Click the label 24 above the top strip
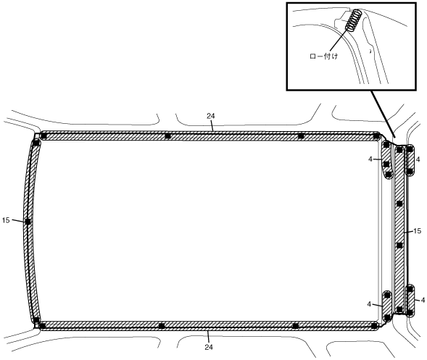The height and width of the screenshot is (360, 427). click(x=210, y=116)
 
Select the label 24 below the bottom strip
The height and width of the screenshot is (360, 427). click(x=209, y=347)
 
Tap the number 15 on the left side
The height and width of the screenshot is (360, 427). click(x=6, y=220)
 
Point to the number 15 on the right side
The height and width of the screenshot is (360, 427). click(x=417, y=231)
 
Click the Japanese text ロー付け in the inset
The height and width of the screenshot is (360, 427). click(x=324, y=56)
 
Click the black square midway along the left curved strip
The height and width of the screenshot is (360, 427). click(x=28, y=222)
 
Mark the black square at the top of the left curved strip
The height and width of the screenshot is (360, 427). click(x=36, y=143)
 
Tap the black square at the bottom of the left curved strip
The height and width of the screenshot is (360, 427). click(x=36, y=319)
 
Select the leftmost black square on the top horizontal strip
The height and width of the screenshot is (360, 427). click(x=43, y=135)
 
